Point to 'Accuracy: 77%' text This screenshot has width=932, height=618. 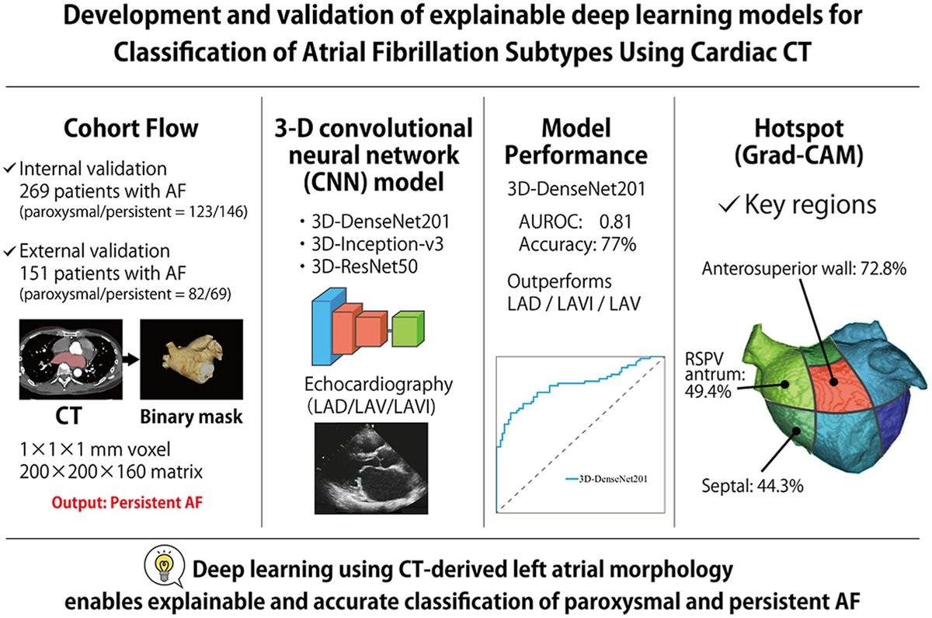pos(576,244)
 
